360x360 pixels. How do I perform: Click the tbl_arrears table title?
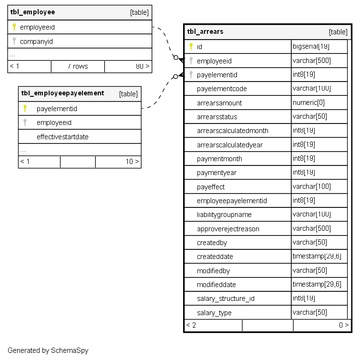206,32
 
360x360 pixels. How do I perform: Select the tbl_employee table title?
32,12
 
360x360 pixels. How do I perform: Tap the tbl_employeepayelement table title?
62,93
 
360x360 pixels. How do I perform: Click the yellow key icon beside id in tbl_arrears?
191,47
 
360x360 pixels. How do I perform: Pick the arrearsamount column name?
219,103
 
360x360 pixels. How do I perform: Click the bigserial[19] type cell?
311,47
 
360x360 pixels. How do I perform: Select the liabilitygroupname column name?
224,215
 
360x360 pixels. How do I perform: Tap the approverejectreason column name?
228,229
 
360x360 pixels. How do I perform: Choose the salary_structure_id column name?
226,299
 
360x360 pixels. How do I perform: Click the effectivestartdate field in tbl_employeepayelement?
62,137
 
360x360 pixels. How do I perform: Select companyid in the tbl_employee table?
36,41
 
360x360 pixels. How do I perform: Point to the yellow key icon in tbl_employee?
14,27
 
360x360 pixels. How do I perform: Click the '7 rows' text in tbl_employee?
78,67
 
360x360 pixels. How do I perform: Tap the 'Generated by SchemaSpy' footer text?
48,350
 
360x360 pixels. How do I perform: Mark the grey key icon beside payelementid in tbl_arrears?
191,75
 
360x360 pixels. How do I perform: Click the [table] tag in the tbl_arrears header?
338,32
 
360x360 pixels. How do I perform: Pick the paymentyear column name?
216,173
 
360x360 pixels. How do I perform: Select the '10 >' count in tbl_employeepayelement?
132,162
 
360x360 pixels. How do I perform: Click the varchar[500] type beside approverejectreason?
311,229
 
